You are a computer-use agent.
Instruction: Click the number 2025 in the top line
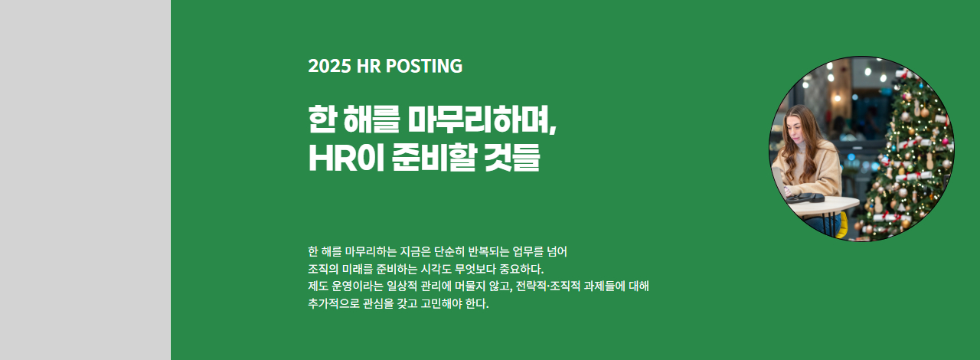(329, 66)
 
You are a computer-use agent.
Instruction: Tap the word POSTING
(424, 66)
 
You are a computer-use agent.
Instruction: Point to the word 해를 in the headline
(371, 119)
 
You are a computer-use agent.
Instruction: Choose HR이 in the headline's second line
(346, 158)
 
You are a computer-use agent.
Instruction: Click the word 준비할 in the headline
(433, 158)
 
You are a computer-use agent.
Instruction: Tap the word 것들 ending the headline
(512, 158)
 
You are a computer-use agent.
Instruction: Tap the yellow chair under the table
(842, 225)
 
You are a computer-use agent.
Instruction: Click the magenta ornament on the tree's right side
(945, 142)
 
